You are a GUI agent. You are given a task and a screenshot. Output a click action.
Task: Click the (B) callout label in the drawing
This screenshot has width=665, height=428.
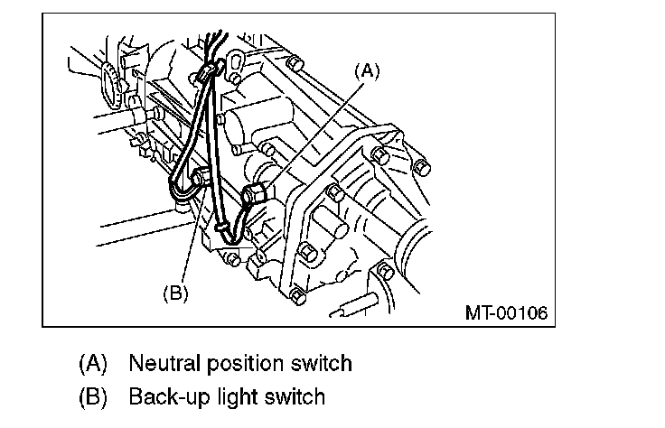click(x=175, y=293)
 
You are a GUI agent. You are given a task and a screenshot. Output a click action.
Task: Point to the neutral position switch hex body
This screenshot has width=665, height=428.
click(x=256, y=192)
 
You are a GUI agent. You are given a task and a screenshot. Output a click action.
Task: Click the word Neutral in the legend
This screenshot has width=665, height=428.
click(x=159, y=364)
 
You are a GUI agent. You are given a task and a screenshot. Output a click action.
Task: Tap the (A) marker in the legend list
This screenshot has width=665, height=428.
click(x=93, y=364)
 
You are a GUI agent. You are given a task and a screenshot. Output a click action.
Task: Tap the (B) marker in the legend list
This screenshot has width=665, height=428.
click(x=93, y=396)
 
